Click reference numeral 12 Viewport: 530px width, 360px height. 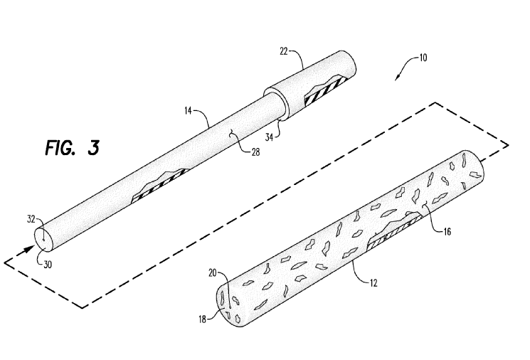[x=372, y=282]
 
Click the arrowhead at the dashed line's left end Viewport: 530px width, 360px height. [x=28, y=250]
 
